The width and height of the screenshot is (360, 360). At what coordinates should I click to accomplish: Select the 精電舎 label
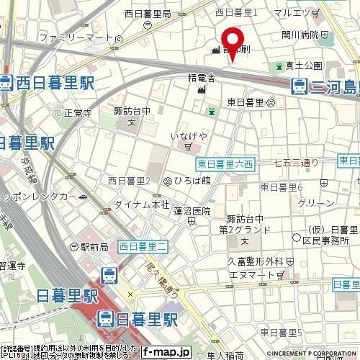[202, 76]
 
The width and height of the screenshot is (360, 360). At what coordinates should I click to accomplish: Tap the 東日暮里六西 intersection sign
[224, 163]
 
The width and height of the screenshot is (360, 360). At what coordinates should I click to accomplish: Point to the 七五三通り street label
[296, 163]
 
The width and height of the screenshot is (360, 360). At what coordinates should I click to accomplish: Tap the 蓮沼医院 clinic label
[192, 210]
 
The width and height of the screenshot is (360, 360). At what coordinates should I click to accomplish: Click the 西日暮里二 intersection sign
[143, 247]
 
